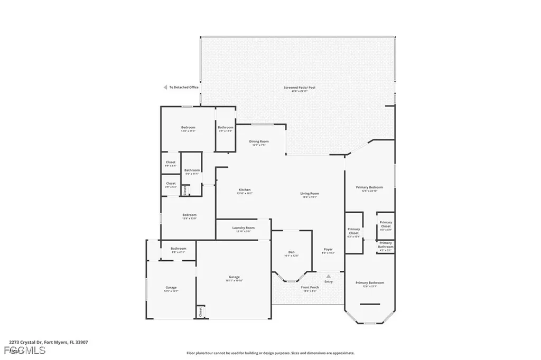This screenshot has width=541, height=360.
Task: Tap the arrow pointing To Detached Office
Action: (x=165, y=87)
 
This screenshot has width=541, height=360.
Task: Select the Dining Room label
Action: (x=259, y=141)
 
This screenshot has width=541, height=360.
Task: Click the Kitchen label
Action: (x=244, y=190)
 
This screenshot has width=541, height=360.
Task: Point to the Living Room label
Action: (x=310, y=194)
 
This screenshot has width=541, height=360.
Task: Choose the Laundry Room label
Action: (x=244, y=228)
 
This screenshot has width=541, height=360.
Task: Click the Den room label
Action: (x=291, y=252)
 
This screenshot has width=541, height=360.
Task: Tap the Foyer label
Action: (x=328, y=249)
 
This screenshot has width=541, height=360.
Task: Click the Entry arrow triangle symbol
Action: (x=328, y=276)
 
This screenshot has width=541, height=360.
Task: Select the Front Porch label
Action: (x=310, y=287)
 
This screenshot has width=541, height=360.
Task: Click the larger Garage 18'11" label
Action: (x=234, y=277)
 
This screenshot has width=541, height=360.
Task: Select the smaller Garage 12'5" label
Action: (x=171, y=288)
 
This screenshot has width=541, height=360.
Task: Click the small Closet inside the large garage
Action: (x=201, y=312)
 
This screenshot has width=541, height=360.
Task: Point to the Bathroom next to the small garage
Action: (x=178, y=249)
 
